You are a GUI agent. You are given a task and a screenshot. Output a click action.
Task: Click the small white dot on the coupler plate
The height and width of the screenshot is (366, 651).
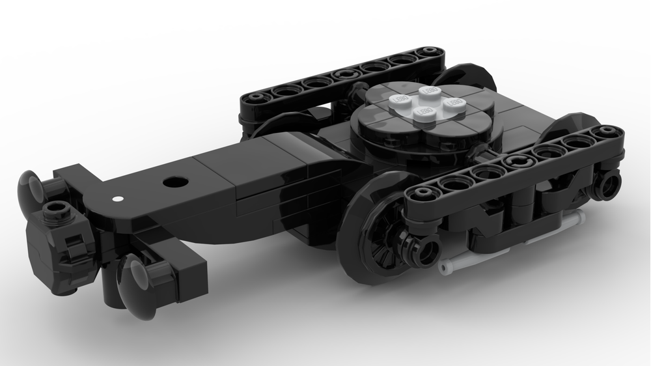[x=117, y=197]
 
